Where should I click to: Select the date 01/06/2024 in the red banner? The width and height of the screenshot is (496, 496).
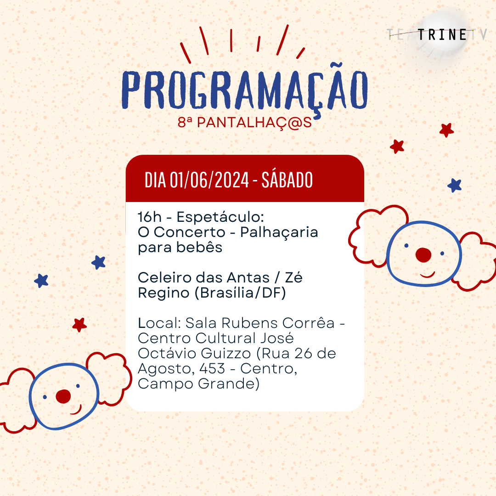209,180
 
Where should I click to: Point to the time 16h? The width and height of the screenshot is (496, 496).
150,217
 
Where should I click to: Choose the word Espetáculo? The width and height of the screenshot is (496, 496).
220,217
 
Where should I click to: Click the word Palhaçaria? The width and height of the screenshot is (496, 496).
279,232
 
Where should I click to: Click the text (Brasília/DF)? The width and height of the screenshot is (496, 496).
240,293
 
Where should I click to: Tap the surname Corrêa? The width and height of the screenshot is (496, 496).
308,323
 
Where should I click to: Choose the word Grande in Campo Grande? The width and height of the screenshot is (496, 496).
229,383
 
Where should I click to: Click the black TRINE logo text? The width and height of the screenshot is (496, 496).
442,35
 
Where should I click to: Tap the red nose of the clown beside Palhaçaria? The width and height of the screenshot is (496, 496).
423,255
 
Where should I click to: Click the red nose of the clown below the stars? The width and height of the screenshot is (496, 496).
63,396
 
